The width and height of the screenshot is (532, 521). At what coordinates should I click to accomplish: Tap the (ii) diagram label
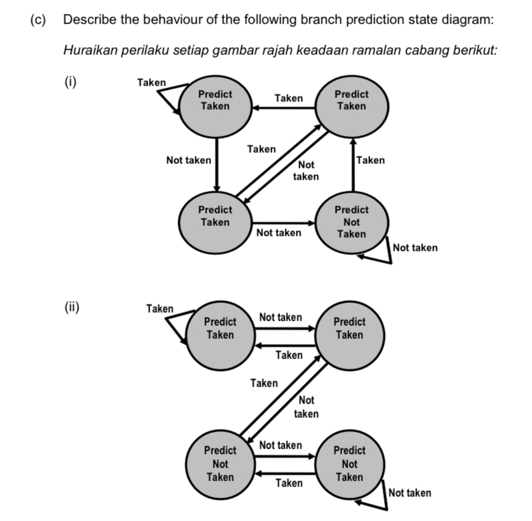[72, 308]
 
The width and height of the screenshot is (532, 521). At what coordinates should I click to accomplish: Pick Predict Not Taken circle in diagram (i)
[351, 222]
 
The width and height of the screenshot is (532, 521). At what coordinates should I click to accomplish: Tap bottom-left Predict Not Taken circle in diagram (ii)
[220, 464]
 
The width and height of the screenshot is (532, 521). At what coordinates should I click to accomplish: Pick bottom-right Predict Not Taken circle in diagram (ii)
[349, 464]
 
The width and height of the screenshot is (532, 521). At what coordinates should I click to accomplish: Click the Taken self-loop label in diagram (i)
[151, 82]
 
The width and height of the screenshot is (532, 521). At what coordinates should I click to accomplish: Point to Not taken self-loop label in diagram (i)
[415, 247]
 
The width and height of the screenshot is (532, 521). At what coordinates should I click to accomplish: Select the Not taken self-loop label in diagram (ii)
[409, 492]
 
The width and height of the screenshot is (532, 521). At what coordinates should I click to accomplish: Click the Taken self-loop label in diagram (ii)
[160, 308]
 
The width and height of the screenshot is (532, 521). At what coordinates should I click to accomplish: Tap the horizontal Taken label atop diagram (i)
[289, 98]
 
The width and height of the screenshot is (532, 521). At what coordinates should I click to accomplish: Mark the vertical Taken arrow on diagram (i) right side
[353, 165]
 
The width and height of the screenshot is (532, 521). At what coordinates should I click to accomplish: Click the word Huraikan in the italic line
[89, 50]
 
